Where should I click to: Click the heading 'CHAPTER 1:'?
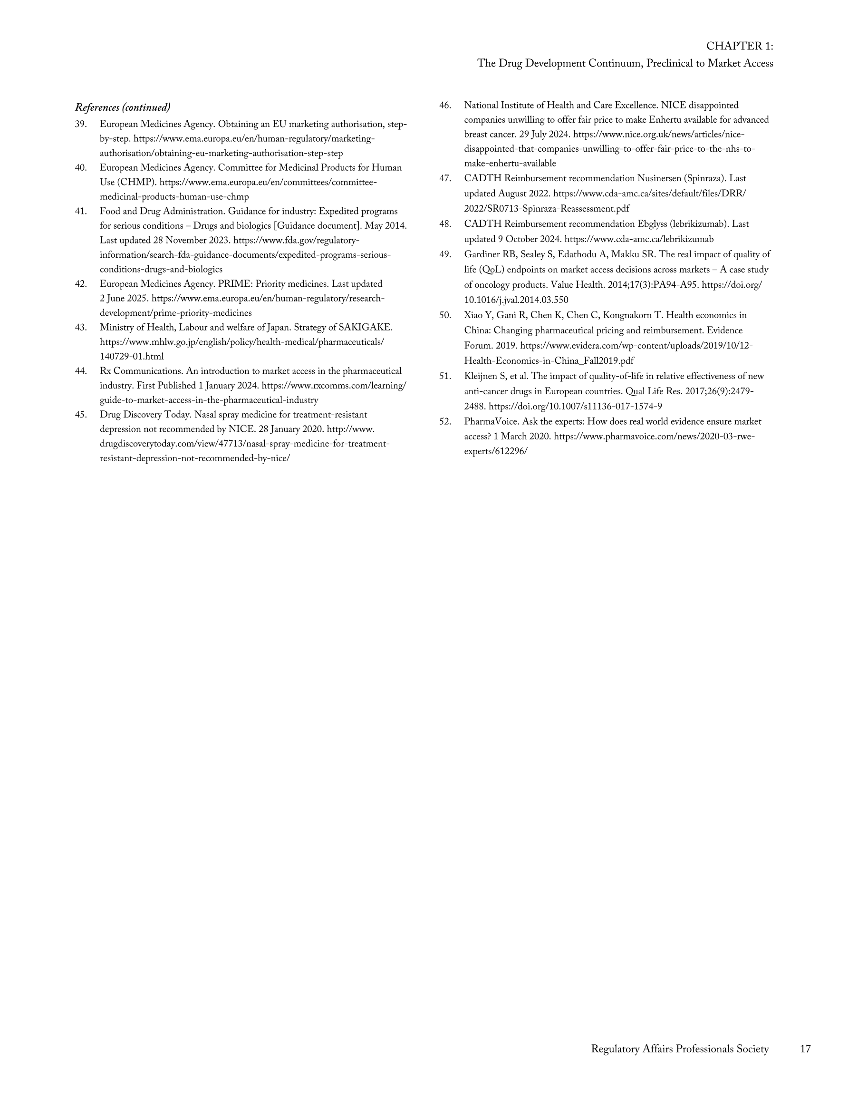(x=740, y=46)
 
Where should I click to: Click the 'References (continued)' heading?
(x=123, y=107)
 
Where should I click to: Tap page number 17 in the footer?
(x=805, y=1049)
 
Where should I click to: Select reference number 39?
(x=81, y=124)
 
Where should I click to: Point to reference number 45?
(x=81, y=415)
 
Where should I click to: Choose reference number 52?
(x=445, y=422)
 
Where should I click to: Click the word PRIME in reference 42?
(x=235, y=284)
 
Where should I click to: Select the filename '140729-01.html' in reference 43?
(x=132, y=357)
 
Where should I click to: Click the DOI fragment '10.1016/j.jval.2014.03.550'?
(x=516, y=300)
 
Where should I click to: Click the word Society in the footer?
(x=752, y=1049)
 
